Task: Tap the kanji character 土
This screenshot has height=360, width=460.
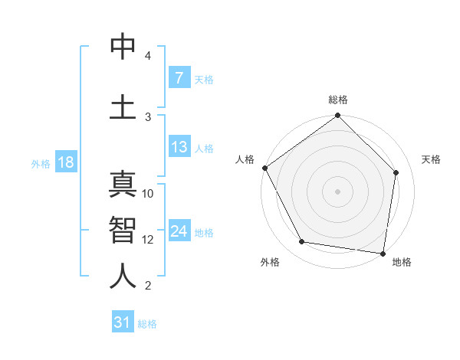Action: (x=123, y=106)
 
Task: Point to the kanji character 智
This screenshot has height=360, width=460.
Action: (x=123, y=229)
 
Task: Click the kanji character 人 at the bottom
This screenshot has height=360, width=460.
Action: (x=123, y=275)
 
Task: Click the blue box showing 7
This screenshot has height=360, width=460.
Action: (x=179, y=78)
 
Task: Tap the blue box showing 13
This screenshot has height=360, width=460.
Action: (x=179, y=148)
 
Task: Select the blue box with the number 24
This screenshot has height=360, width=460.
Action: (x=179, y=231)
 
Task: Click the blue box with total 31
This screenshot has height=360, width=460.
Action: (x=123, y=322)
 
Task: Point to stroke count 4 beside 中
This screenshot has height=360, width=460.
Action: (x=148, y=57)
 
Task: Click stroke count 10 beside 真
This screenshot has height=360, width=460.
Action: (x=148, y=194)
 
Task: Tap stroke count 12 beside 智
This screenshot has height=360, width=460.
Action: (x=148, y=239)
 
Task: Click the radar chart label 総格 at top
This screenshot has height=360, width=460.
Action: (x=338, y=100)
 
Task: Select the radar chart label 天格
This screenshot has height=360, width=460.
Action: (x=431, y=159)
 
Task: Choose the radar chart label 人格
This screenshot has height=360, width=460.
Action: (x=245, y=159)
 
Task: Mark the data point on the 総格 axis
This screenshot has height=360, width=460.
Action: (x=338, y=116)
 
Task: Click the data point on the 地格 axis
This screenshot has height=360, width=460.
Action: (x=383, y=253)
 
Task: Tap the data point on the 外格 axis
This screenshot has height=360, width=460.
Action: (x=302, y=242)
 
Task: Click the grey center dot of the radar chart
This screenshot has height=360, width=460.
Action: (x=338, y=191)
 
